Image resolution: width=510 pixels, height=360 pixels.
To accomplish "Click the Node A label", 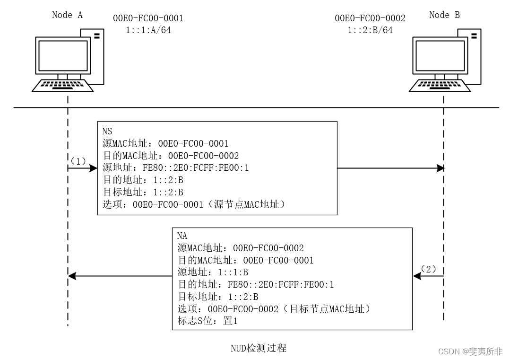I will tap(67, 15).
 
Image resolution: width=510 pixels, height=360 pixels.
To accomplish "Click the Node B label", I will tap(444, 15).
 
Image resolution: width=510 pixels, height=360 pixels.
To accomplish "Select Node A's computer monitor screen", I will tap(63, 55).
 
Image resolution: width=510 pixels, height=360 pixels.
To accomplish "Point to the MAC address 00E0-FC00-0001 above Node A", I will tap(148, 18).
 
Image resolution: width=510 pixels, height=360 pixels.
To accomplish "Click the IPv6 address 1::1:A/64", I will tap(148, 30).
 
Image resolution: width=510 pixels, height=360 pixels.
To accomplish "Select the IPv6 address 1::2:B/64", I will tap(370, 30).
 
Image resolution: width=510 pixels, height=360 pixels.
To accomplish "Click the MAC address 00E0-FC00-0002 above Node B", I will tap(370, 18).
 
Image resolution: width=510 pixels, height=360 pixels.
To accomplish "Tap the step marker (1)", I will tap(78, 161).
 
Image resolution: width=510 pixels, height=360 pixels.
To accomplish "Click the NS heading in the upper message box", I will tap(107, 132).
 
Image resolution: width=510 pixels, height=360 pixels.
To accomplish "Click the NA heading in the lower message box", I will tap(182, 236).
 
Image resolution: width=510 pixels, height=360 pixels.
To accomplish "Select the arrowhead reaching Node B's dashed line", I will tap(441, 168).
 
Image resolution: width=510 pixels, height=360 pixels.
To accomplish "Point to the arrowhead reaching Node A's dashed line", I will tap(71, 276).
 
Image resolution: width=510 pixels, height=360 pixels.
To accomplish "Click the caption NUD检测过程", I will tap(258, 348).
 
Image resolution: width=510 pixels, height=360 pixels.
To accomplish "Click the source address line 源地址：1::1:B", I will tap(213, 272).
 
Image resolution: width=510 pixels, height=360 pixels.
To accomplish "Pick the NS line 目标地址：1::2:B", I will tap(143, 193).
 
